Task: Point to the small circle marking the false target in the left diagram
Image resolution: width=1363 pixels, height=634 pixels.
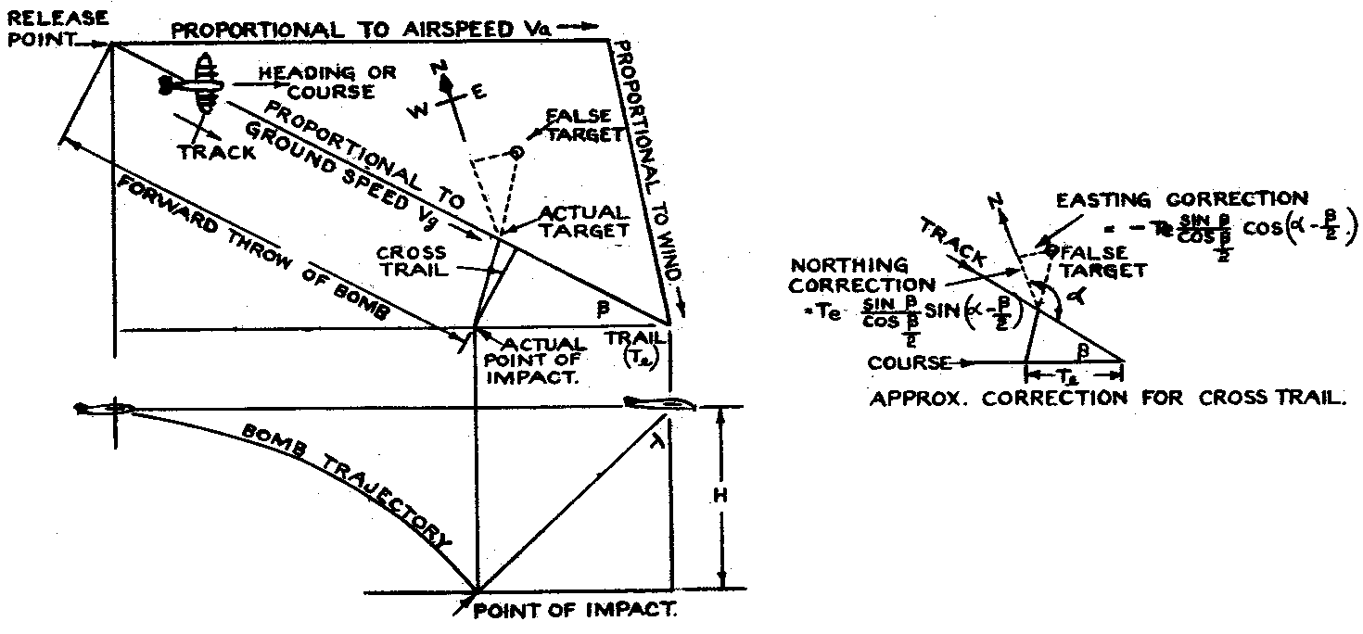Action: tap(517, 150)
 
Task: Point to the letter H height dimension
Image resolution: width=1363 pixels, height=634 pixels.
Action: tap(721, 495)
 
